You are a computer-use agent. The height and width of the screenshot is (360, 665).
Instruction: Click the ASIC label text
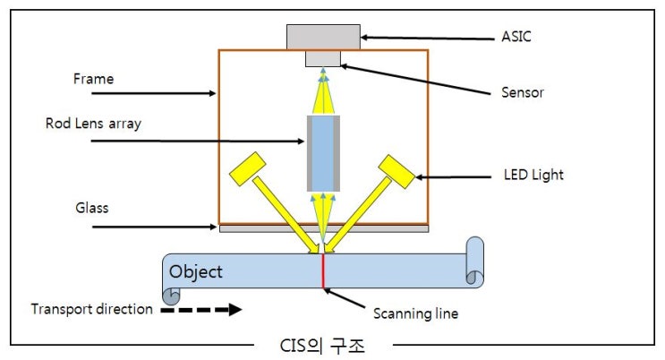517,39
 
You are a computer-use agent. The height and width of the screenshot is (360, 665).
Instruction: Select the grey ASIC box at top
323,37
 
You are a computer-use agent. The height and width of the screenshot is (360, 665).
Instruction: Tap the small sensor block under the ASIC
323,58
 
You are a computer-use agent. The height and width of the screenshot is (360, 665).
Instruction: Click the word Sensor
524,92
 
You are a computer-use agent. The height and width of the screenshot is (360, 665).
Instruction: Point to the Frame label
93,79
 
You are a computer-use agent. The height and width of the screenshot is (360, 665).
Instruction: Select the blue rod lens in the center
322,153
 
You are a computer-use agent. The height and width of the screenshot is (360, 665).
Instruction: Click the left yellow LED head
248,167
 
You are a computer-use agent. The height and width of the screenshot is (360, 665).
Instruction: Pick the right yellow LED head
396,170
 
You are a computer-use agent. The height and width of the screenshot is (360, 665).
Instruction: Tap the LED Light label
533,175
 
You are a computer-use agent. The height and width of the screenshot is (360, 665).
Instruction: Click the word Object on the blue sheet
196,271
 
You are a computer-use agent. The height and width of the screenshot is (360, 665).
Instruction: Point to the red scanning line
322,272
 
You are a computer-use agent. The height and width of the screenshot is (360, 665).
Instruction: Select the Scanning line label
415,313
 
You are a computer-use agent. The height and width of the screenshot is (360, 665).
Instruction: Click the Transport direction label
92,309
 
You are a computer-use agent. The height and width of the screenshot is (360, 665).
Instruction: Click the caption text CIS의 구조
323,345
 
